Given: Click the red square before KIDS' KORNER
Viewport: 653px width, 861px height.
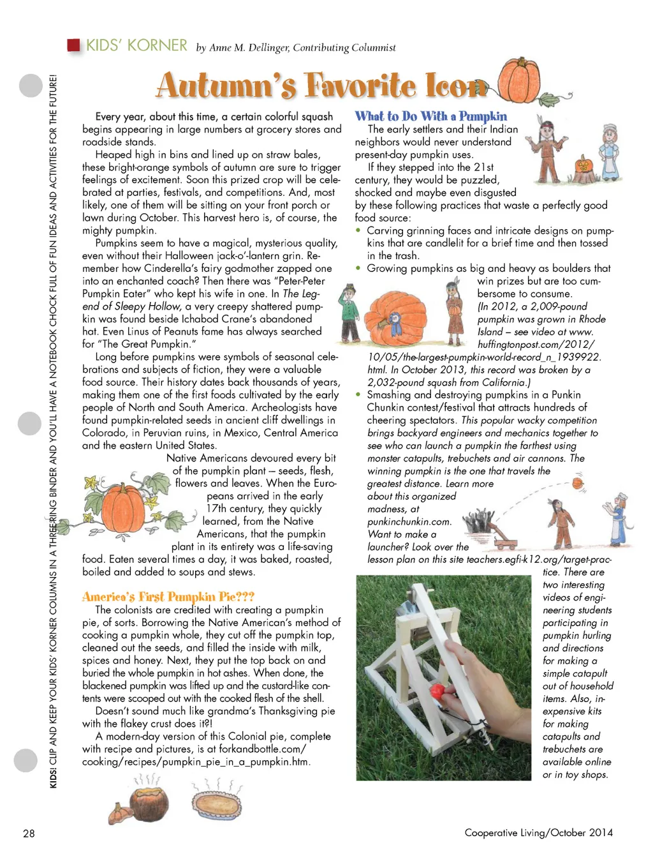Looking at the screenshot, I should point(73,45).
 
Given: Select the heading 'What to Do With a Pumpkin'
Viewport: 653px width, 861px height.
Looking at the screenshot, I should point(431,116).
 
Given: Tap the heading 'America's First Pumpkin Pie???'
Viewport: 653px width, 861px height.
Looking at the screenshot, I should point(168,597).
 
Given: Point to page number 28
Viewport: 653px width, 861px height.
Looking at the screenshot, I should point(29,833).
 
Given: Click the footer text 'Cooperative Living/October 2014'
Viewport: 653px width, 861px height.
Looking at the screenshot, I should point(538,832).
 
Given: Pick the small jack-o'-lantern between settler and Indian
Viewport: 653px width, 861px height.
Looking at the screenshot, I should point(583,167).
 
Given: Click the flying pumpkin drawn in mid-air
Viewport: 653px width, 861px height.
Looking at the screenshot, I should point(578,483).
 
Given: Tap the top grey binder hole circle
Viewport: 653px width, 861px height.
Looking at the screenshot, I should point(31,86).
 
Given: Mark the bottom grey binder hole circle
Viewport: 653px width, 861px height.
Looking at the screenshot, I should point(26,760).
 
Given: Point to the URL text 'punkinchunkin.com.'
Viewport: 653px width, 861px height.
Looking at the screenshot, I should point(409,521).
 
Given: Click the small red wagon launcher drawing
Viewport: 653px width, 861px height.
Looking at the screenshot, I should point(508,542).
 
